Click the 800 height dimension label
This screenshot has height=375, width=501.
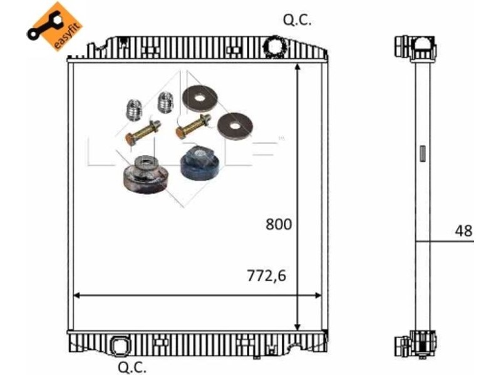(279, 224)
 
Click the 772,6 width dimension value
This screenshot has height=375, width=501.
(267, 276)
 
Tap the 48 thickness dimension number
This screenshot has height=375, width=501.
(463, 231)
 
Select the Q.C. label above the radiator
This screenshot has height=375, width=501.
(297, 21)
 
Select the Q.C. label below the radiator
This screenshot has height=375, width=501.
(132, 367)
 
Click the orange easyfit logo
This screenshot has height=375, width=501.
(55, 27)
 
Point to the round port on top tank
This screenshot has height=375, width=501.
(274, 46)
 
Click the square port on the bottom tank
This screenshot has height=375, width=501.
(120, 346)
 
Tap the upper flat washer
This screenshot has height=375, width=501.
(200, 97)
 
